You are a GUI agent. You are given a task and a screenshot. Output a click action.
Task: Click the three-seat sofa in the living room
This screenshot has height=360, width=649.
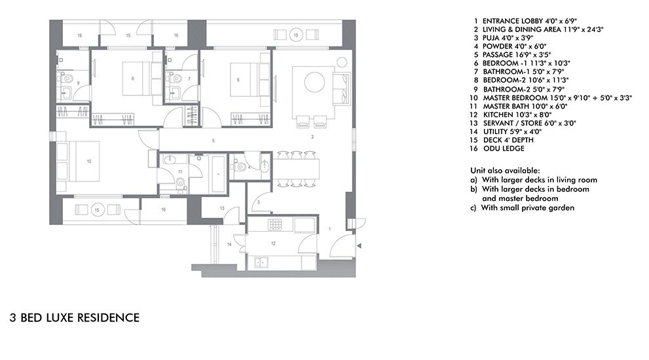tap(342, 88)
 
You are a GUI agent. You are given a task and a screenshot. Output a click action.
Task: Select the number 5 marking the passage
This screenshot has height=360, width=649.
tap(213, 141)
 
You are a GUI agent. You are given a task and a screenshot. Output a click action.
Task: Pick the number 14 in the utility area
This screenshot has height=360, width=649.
tap(229, 243)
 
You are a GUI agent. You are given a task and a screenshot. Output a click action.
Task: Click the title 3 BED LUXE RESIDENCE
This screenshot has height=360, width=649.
tap(74, 318)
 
